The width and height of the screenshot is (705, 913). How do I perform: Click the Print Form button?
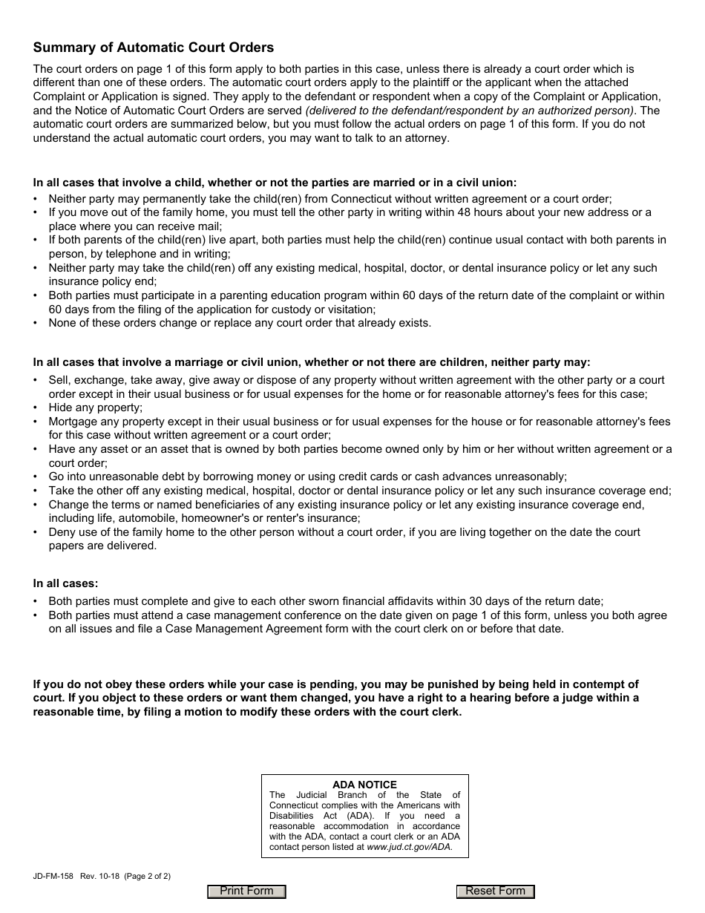click(x=246, y=891)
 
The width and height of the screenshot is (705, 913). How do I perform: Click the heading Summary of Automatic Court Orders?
click(x=153, y=48)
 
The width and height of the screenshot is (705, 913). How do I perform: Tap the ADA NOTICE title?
click(x=364, y=785)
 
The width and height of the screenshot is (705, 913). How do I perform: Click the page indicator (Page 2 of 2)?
click(x=144, y=876)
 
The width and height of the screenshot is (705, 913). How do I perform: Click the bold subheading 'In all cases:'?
click(x=65, y=583)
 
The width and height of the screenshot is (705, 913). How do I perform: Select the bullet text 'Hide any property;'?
click(x=95, y=408)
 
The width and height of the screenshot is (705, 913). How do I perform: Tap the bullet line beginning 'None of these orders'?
click(x=239, y=323)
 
